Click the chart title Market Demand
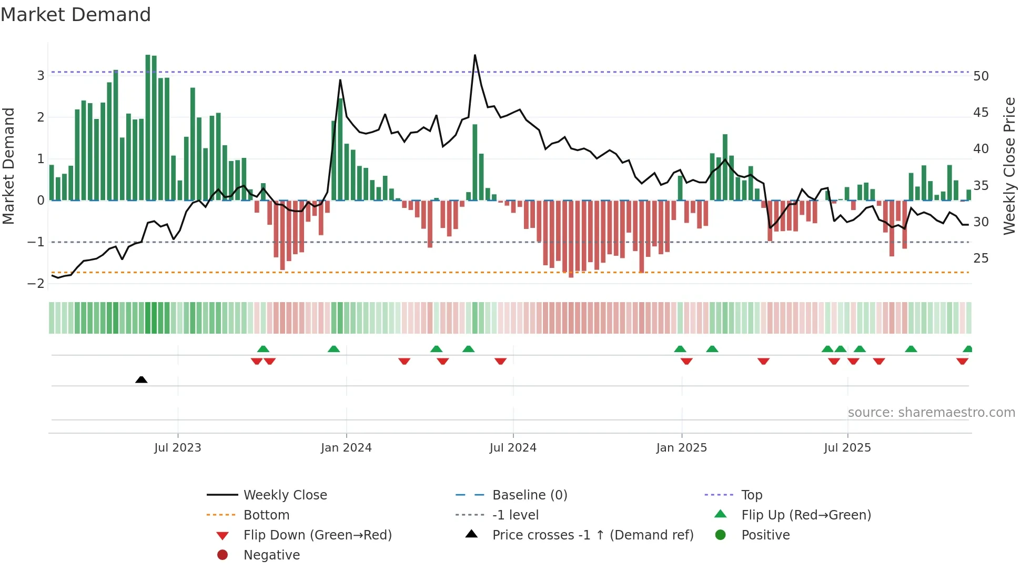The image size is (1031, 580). pyautogui.click(x=76, y=15)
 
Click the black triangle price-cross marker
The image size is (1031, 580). pyautogui.click(x=141, y=379)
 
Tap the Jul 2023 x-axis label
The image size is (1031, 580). pyautogui.click(x=178, y=448)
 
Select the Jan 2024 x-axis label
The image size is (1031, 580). pyautogui.click(x=346, y=448)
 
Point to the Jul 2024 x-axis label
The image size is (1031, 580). pyautogui.click(x=513, y=448)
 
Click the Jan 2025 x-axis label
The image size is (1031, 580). pyautogui.click(x=682, y=448)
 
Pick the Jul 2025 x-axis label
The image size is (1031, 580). pyautogui.click(x=847, y=448)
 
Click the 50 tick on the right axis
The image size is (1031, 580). pyautogui.click(x=981, y=76)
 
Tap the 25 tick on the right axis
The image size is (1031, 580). pyautogui.click(x=981, y=258)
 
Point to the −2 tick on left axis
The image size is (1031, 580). pyautogui.click(x=36, y=284)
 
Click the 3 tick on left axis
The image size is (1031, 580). pyautogui.click(x=41, y=76)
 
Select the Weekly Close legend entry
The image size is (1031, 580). pyautogui.click(x=285, y=495)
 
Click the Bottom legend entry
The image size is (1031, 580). pyautogui.click(x=266, y=515)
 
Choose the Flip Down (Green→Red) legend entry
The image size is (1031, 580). pyautogui.click(x=317, y=535)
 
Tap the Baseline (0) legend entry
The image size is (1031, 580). pyautogui.click(x=530, y=495)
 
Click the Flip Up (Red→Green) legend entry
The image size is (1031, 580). pyautogui.click(x=806, y=515)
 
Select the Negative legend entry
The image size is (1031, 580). pyautogui.click(x=271, y=555)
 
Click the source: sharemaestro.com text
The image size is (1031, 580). pyautogui.click(x=931, y=413)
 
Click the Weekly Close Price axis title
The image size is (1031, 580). pyautogui.click(x=1009, y=166)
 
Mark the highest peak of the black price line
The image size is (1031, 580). pyautogui.click(x=475, y=55)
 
